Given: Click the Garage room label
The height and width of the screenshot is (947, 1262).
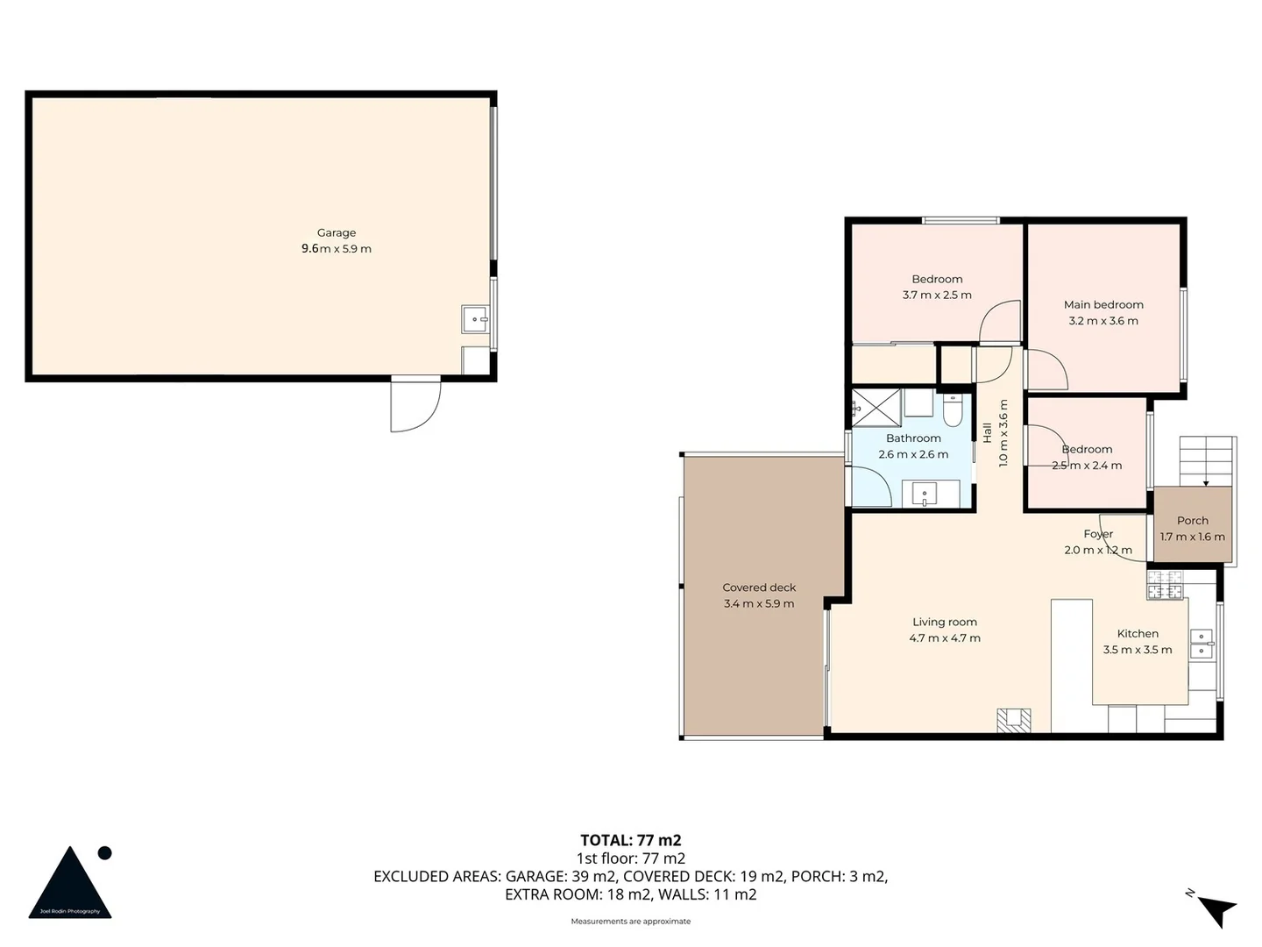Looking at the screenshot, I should (x=337, y=232).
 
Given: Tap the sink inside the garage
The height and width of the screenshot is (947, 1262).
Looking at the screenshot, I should (x=475, y=319).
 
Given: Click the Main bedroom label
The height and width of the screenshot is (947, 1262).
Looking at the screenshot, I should (x=1103, y=304).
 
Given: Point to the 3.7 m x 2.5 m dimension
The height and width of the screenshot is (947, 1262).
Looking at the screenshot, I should (x=937, y=295).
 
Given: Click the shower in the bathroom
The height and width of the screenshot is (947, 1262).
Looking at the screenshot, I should (x=876, y=408).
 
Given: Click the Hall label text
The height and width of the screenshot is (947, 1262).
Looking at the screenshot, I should (x=987, y=432).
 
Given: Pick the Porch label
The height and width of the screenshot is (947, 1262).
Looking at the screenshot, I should (x=1192, y=520).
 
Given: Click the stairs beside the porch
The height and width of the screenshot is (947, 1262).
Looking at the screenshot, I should (x=1206, y=460).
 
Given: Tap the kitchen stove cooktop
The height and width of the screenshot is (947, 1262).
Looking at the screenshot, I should (x=1166, y=585).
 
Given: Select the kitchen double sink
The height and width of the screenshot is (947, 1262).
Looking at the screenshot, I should (x=1201, y=643).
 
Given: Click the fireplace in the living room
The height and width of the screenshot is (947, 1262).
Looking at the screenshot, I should (x=1014, y=720).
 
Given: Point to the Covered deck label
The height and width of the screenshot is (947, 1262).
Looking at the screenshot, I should (x=759, y=587).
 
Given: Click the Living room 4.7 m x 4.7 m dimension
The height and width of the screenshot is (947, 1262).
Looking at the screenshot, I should (x=945, y=638).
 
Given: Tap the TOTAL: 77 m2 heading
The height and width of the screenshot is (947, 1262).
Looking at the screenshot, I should (x=630, y=840).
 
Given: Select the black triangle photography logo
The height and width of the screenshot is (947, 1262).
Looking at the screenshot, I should (x=70, y=884).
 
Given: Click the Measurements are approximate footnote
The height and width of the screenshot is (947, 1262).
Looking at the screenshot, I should (x=630, y=922).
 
